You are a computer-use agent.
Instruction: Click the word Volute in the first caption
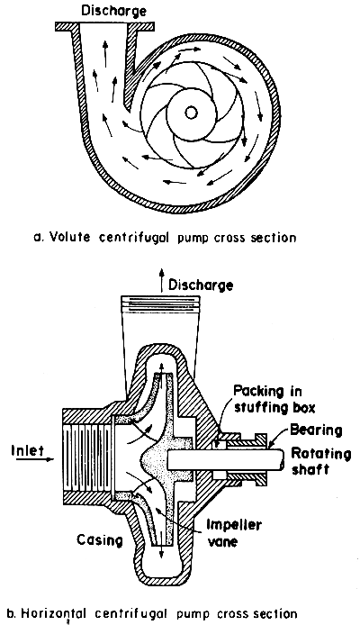(x=104, y=239)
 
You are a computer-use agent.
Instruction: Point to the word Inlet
(x=23, y=444)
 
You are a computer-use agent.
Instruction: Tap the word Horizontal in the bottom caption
(x=55, y=613)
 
